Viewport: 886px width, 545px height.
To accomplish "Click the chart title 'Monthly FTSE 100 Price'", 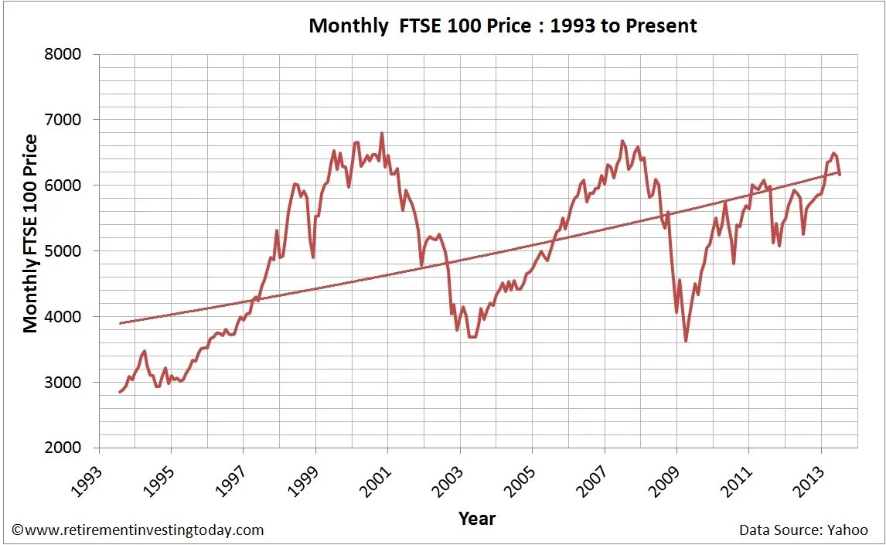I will (x=503, y=26).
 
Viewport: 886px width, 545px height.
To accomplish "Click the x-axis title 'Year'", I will (x=477, y=519).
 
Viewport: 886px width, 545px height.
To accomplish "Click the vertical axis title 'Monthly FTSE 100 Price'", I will (x=31, y=233).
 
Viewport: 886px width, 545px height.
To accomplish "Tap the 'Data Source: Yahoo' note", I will (x=803, y=530).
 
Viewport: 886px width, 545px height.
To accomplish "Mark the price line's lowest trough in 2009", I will (x=686, y=341).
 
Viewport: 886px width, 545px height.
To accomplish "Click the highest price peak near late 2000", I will (x=382, y=133).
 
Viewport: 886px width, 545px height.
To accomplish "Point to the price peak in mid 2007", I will (x=622, y=141).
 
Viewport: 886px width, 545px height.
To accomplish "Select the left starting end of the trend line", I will (x=121, y=323).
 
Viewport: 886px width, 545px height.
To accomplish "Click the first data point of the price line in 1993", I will (x=120, y=392).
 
